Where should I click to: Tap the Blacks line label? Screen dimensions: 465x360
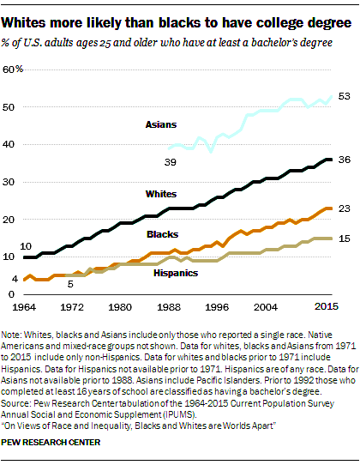tap(162, 233)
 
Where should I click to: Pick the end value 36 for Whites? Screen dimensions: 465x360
tap(343, 160)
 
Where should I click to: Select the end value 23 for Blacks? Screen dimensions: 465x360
tap(343, 208)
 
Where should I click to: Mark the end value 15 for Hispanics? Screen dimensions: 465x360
tap(343, 238)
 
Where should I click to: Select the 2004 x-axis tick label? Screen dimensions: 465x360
tap(263, 306)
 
